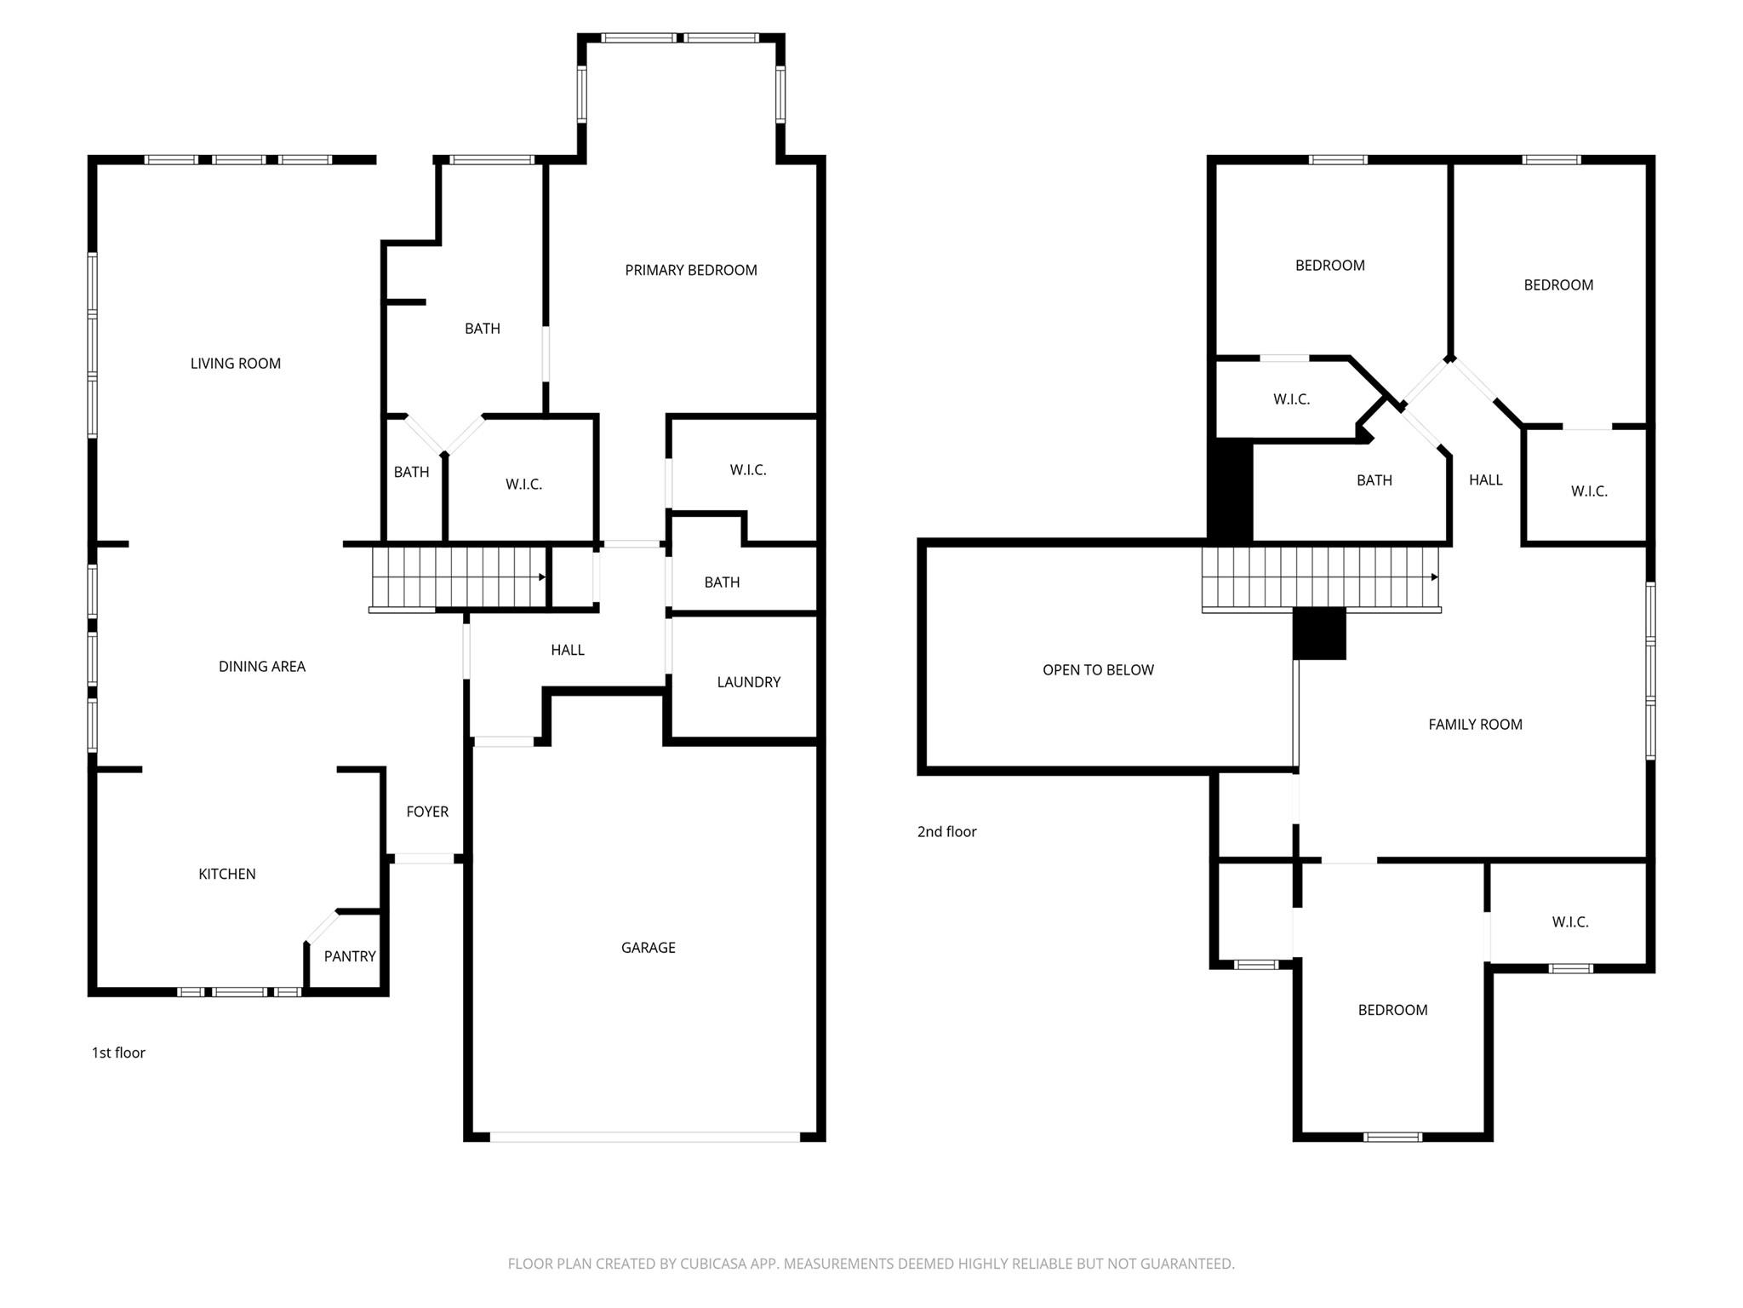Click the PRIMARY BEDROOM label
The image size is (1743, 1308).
tap(690, 270)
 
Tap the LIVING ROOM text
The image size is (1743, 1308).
tap(235, 364)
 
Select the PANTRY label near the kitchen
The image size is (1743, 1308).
tap(349, 956)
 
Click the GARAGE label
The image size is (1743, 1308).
tap(648, 947)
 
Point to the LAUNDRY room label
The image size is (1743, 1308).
tap(748, 682)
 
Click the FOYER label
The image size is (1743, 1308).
tap(426, 812)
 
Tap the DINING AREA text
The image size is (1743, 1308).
tap(261, 667)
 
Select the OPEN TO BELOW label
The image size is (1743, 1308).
tap(1098, 670)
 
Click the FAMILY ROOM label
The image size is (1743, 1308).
tap(1475, 725)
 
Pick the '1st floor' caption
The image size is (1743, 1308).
tap(118, 1053)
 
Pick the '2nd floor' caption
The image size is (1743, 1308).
tap(946, 832)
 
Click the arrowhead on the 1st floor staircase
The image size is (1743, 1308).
tap(542, 577)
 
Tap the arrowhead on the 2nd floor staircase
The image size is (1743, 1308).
tap(1434, 577)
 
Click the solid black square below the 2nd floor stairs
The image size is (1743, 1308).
tap(1319, 634)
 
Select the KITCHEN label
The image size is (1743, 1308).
tap(226, 874)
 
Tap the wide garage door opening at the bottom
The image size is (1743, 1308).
tap(644, 1137)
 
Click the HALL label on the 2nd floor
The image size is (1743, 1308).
tap(1485, 480)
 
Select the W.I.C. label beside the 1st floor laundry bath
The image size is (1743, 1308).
tap(747, 470)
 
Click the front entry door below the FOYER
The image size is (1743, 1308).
tap(424, 858)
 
